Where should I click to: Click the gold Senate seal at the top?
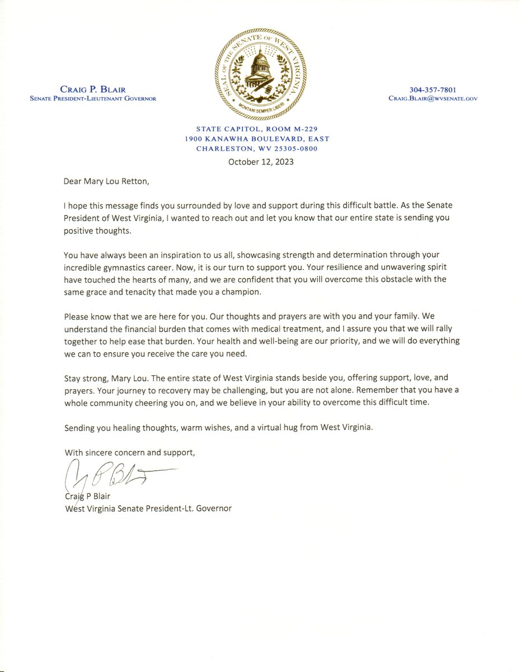pyautogui.click(x=260, y=73)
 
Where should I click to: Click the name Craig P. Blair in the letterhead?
pyautogui.click(x=92, y=89)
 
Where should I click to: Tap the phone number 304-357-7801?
pyautogui.click(x=433, y=89)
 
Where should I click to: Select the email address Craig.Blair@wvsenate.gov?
pyautogui.click(x=433, y=99)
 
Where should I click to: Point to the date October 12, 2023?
pyautogui.click(x=261, y=162)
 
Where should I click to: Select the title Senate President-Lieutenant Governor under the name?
pyautogui.click(x=92, y=99)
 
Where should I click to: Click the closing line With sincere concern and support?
pyautogui.click(x=130, y=452)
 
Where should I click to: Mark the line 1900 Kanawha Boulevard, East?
pyautogui.click(x=260, y=139)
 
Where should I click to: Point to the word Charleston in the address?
pyautogui.click(x=220, y=148)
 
